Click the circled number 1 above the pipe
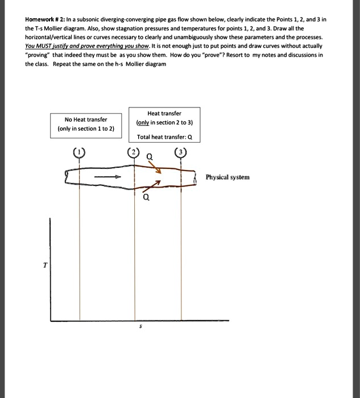pos(79,152)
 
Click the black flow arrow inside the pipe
pos(108,177)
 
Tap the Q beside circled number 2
pos(148,156)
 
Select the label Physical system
pos(227,177)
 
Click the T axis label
pos(44,264)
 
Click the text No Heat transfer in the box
pos(86,119)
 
